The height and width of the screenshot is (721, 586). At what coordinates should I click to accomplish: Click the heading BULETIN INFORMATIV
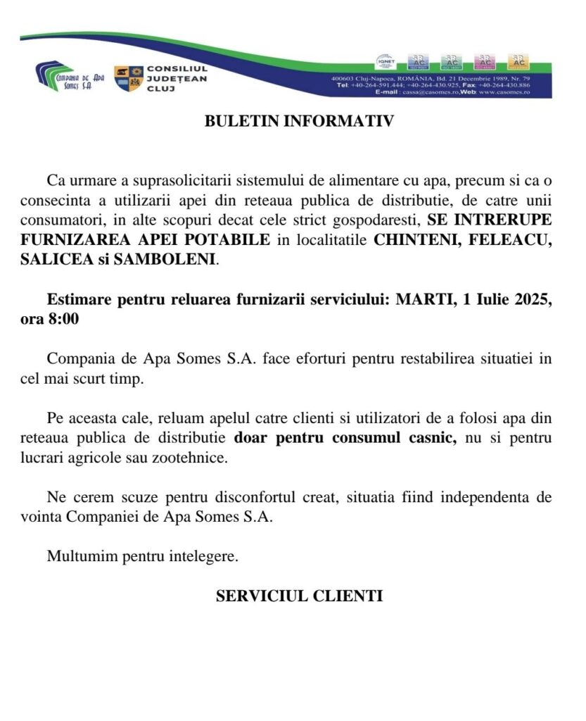pos(299,121)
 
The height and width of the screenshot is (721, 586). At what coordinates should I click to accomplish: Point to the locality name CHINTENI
pos(410,239)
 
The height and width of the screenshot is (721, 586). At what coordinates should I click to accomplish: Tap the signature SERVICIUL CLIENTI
pos(299,596)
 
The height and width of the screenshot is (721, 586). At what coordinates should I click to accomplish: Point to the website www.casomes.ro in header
pos(505,92)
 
